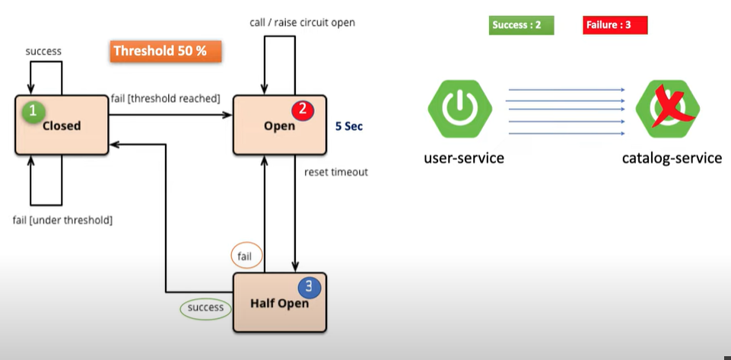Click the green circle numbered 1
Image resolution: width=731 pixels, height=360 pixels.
point(32,111)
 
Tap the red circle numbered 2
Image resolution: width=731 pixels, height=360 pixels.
point(303,110)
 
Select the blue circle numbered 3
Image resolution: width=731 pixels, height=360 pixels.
point(309,287)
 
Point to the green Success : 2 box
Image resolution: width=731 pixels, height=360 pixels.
point(521,25)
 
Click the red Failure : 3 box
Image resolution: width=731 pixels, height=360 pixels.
point(615,25)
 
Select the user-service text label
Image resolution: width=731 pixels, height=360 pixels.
point(464,158)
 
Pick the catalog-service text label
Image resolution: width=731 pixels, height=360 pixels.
point(672,158)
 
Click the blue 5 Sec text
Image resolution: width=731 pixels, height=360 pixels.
point(349,126)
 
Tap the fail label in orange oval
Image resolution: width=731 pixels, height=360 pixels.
point(244,256)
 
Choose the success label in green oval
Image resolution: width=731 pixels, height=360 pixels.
point(206,307)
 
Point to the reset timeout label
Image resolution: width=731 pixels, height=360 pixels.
point(336,172)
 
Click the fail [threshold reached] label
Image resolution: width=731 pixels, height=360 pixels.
point(166,98)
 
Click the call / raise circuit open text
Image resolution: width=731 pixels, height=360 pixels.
point(302,22)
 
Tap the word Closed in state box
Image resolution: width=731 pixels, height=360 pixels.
point(62,126)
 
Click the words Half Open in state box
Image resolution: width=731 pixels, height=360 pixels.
point(279,304)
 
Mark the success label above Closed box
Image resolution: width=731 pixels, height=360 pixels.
point(43,52)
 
